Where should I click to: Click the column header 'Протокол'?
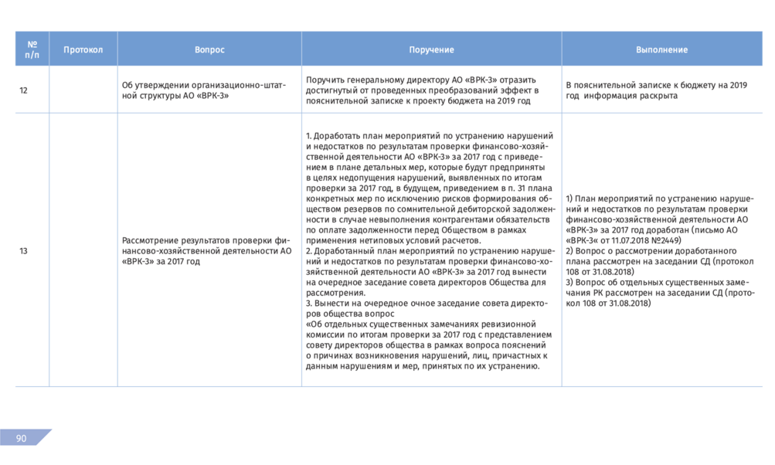coord(83,49)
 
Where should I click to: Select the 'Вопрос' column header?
coord(209,49)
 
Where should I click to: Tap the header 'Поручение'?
coord(431,49)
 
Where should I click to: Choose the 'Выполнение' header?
coord(661,49)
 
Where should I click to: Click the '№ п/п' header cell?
coord(32,49)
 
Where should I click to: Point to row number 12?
coord(23,90)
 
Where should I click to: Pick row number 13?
coord(23,251)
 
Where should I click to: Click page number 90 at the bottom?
coord(21,439)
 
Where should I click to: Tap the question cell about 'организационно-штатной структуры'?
coord(204,90)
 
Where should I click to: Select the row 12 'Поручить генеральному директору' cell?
coord(421,90)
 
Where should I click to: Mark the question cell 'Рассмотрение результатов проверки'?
coord(206,251)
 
